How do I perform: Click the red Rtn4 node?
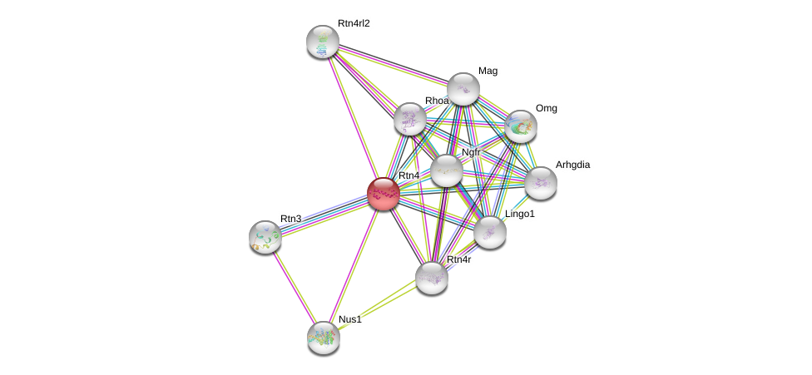point(383,193)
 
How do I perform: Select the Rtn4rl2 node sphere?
point(322,42)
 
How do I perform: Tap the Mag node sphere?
point(463,89)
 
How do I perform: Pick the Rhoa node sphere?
point(409,119)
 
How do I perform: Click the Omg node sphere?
point(521,126)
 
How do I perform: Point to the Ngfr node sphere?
point(446,170)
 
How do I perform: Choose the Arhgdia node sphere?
point(540,183)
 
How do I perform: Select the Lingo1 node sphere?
point(490,232)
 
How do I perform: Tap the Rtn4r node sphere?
point(432,278)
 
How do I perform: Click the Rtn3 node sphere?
point(265,237)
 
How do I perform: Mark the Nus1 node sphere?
point(323,337)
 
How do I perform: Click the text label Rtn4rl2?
point(354,23)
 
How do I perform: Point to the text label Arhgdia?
point(572,165)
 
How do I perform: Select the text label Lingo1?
point(520,214)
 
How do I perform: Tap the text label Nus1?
point(349,319)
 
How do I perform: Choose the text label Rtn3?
point(290,219)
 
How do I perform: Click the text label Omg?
point(546,108)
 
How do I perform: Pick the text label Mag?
point(488,71)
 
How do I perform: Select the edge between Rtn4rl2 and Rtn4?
point(352,116)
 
